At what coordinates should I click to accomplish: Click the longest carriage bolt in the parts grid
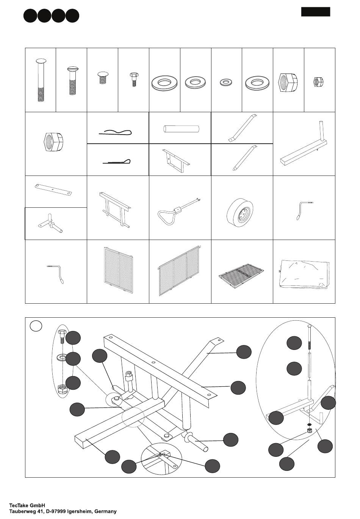41,80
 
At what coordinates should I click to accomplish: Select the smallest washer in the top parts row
226,82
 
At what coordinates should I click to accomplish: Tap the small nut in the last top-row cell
319,82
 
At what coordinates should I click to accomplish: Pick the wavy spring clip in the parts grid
115,133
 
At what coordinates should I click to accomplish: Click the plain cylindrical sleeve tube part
181,129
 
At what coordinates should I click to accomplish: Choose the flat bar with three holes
53,190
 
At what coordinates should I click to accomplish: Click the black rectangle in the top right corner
316,12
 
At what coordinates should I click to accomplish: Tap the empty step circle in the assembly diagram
36,326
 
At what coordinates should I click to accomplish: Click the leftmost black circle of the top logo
30,16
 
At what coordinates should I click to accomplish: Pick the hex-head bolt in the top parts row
134,80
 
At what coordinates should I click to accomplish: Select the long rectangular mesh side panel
180,271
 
